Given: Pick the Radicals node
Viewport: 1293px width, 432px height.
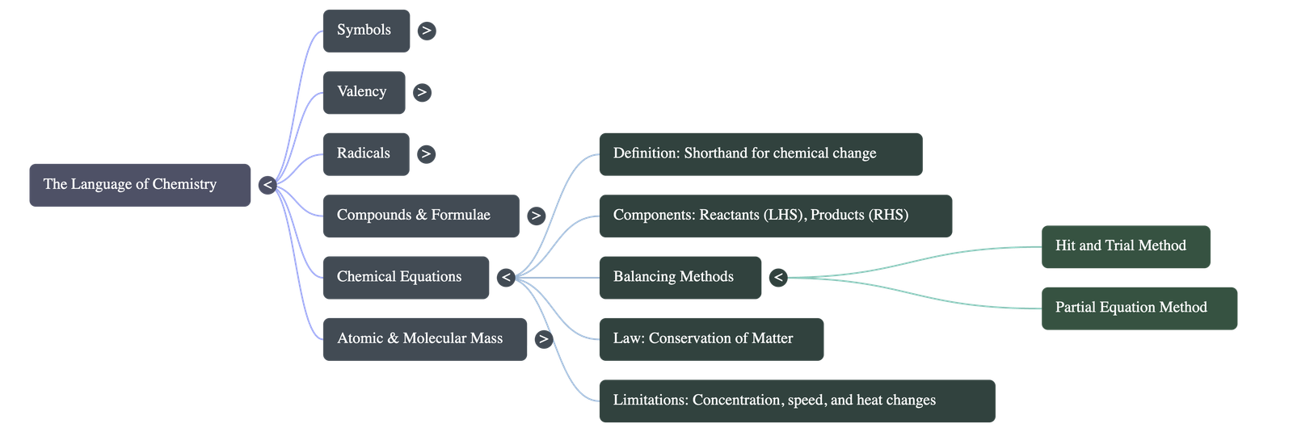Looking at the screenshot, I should [x=365, y=153].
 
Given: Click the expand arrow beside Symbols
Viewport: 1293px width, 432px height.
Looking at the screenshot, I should [x=426, y=31].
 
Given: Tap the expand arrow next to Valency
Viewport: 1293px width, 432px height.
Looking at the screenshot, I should [x=421, y=92].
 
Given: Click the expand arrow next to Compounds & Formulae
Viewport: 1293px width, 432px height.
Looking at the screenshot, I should [x=535, y=216].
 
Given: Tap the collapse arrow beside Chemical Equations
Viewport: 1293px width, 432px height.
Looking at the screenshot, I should [x=505, y=278].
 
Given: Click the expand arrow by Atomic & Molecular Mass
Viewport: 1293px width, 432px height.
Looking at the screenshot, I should [x=543, y=339].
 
